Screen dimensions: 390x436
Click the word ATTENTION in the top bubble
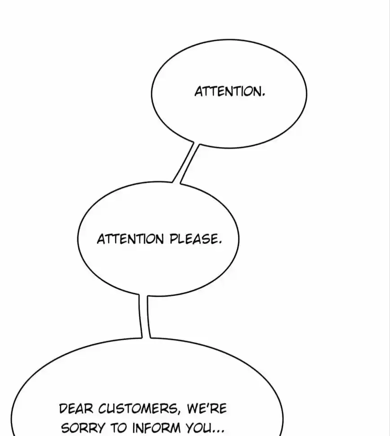pyautogui.click(x=228, y=91)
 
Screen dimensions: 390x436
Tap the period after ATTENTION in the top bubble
pyautogui.click(x=263, y=95)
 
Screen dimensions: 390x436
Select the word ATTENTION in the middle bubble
pyautogui.click(x=130, y=239)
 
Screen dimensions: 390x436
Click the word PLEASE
pyautogui.click(x=193, y=239)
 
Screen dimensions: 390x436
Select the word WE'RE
pyautogui.click(x=207, y=409)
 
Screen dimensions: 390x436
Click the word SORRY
pyautogui.click(x=83, y=427)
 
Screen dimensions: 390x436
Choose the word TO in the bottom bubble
pyautogui.click(x=118, y=427)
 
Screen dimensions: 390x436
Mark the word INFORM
pyautogui.click(x=156, y=427)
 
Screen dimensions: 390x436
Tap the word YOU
pyautogui.click(x=199, y=427)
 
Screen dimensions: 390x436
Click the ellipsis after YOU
pyautogui.click(x=218, y=432)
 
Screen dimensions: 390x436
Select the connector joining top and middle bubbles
pyautogui.click(x=186, y=163)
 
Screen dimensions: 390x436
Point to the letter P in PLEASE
pyautogui.click(x=174, y=239)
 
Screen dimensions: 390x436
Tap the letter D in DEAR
pyautogui.click(x=64, y=409)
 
